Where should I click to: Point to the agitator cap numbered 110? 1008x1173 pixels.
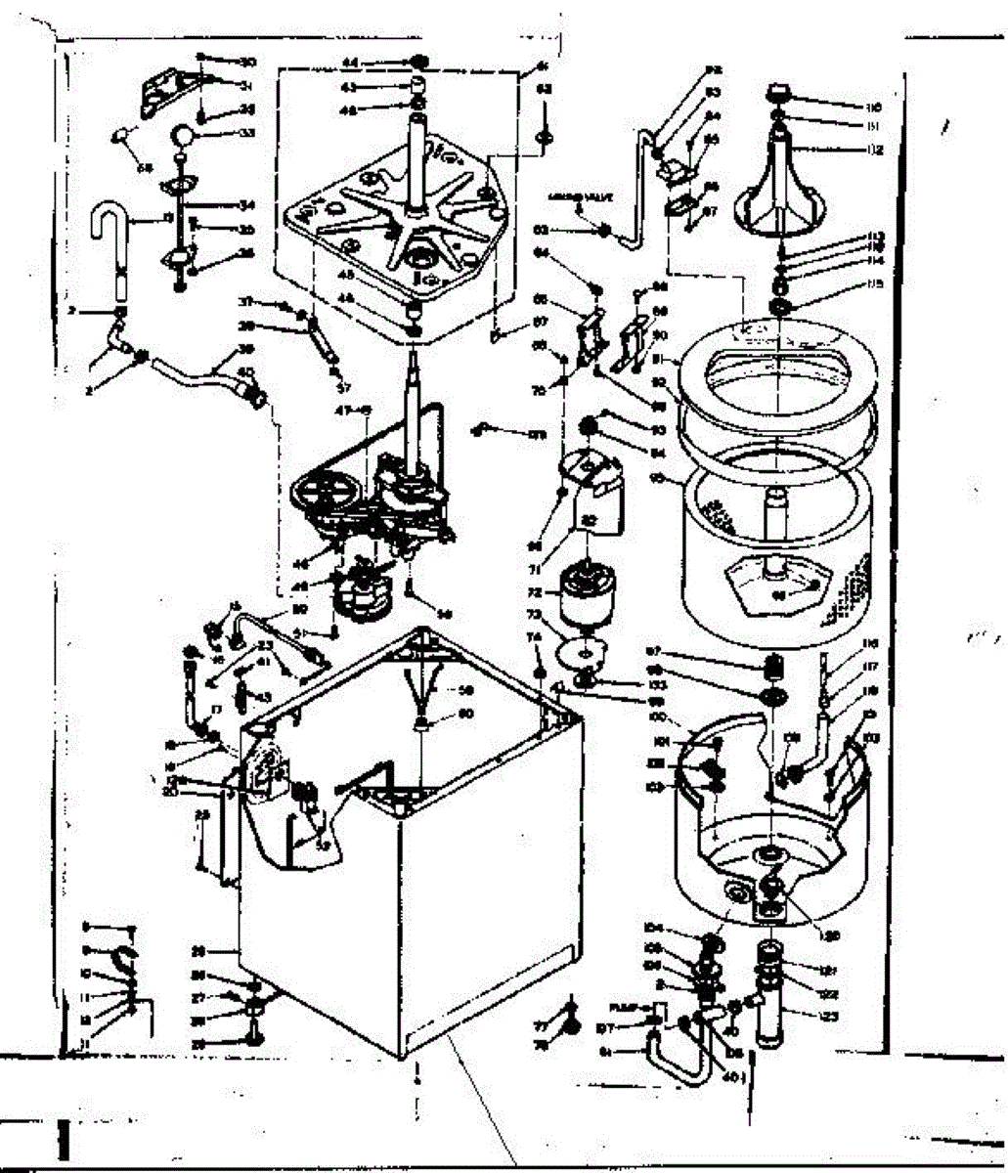coord(779,91)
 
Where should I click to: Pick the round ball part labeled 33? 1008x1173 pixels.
coord(183,133)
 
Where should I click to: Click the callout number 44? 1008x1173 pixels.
coord(349,62)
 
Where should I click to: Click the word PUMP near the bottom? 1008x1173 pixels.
coord(624,1006)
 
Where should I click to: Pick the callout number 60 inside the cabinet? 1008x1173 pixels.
coord(465,714)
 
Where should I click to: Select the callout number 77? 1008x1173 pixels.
coord(541,1026)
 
